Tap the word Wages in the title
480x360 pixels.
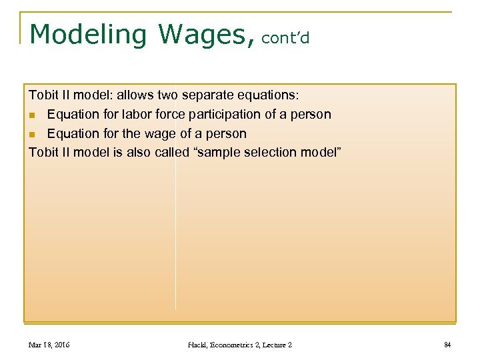tap(207, 35)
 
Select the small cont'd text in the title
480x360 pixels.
tap(285, 39)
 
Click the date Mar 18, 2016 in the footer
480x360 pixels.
tap(49, 345)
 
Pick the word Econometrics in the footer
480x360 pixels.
tap(237, 345)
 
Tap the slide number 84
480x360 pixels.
tap(447, 345)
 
